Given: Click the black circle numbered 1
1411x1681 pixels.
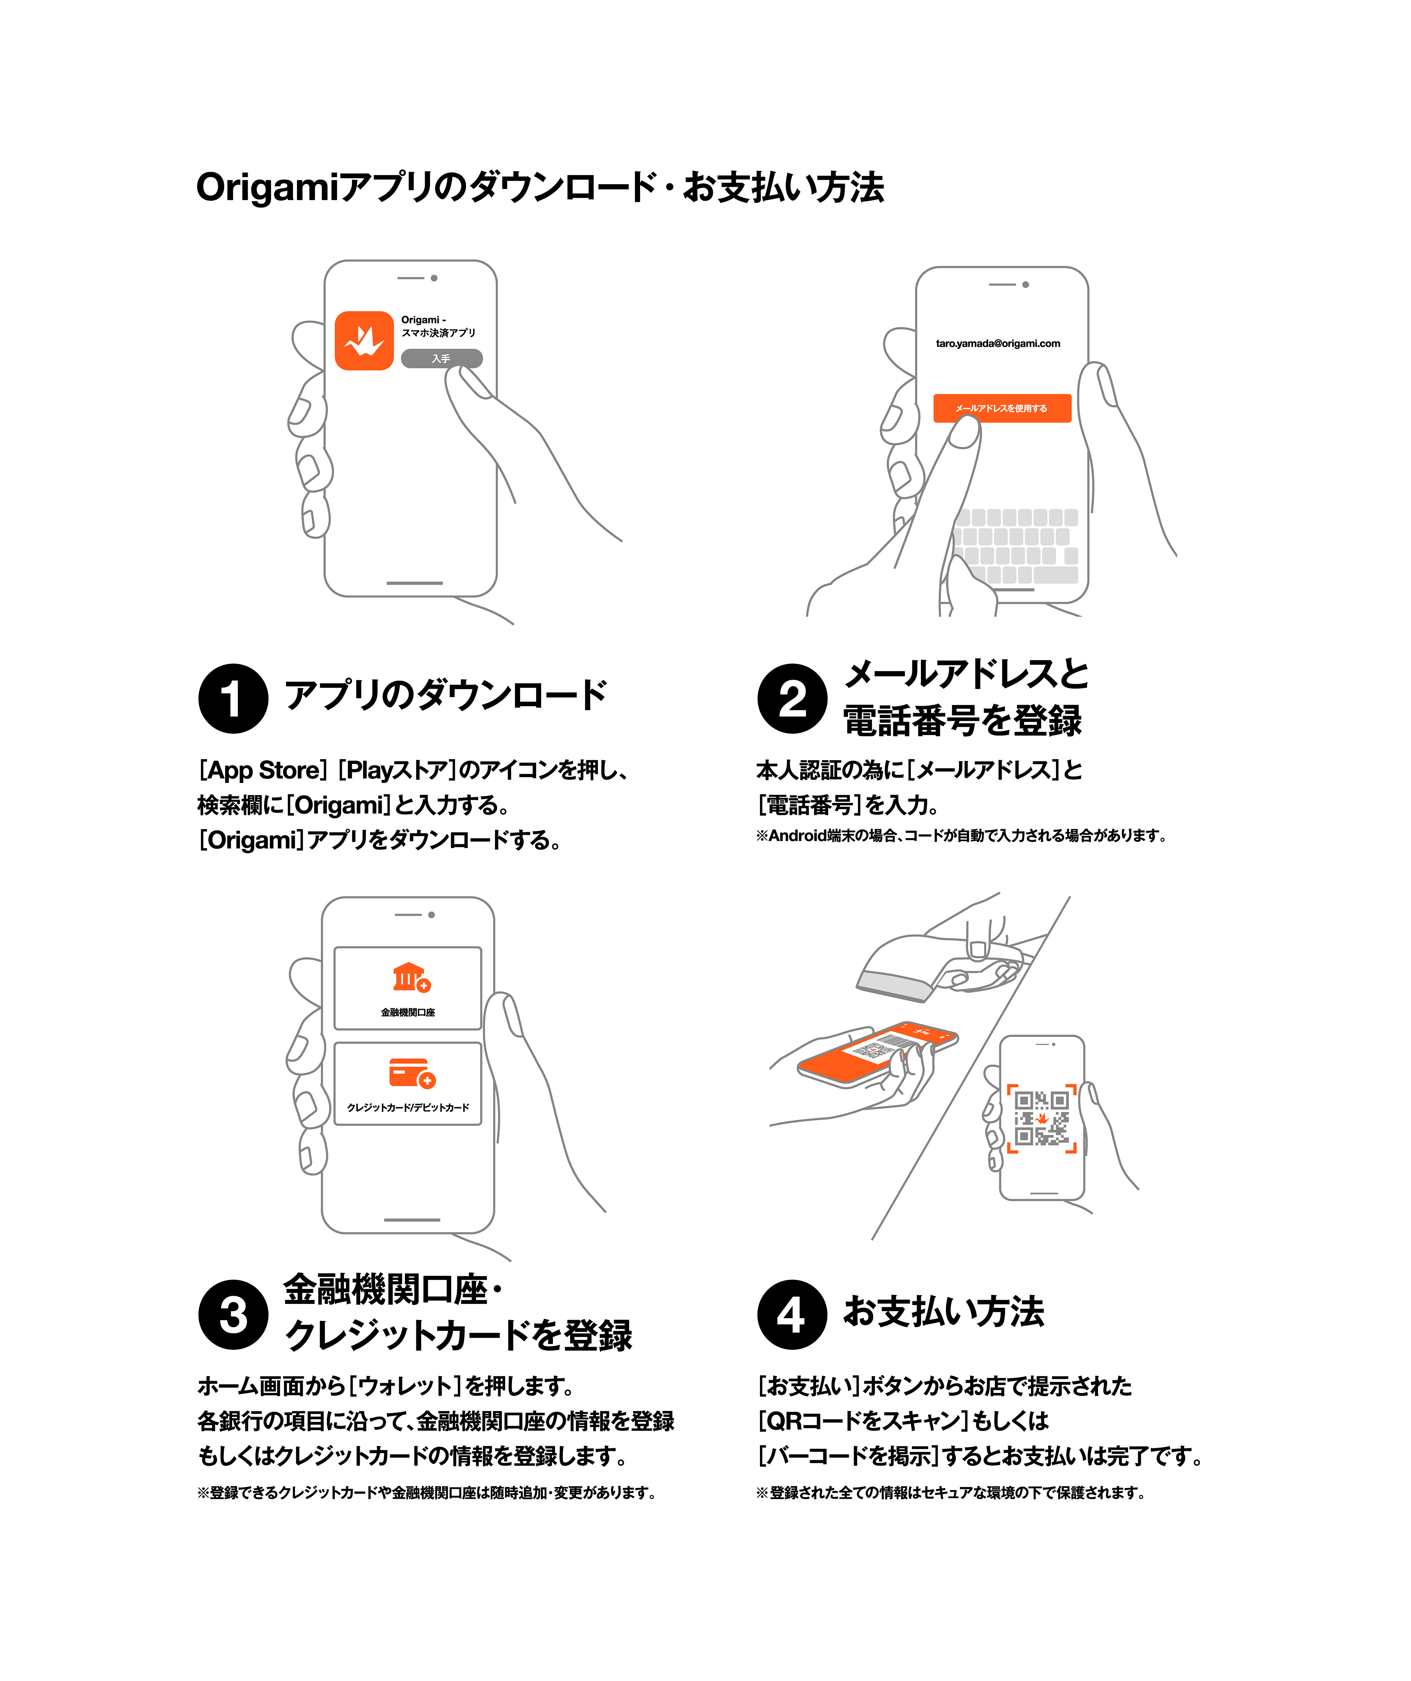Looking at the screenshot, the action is point(233,698).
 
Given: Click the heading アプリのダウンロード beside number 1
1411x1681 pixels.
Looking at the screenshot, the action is point(446,695).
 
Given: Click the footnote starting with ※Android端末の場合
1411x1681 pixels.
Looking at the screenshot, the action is point(961,836).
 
